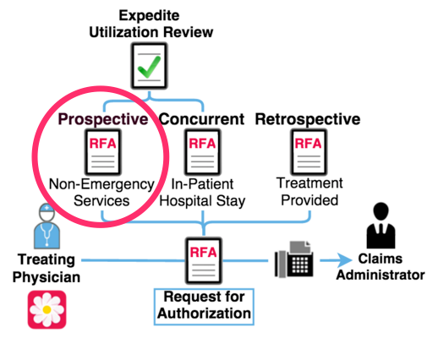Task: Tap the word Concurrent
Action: click(x=202, y=119)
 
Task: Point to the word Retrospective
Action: click(x=309, y=119)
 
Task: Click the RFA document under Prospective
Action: click(x=101, y=152)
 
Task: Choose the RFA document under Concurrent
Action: click(x=203, y=152)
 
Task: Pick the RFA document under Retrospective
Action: click(x=309, y=151)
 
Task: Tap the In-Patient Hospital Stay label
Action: click(x=203, y=193)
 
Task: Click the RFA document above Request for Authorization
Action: click(x=203, y=260)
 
